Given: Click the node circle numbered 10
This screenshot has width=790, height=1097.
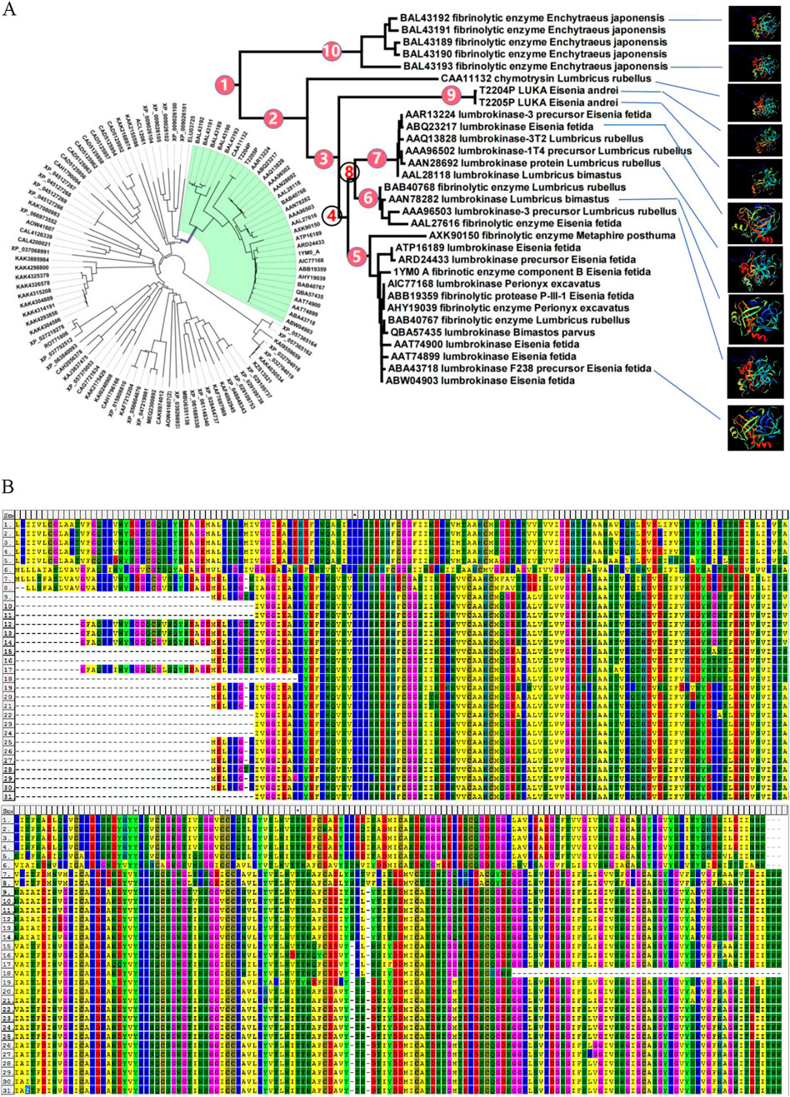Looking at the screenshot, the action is point(332,52).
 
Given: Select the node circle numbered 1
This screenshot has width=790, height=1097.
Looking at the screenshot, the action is point(223,84).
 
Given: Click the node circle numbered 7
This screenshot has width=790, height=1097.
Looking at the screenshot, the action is point(377,157).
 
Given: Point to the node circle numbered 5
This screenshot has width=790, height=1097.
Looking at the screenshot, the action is point(357,256).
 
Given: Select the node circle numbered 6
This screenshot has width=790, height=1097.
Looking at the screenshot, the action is point(367,198).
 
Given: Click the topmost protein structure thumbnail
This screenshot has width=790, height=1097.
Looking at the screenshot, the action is point(754,22).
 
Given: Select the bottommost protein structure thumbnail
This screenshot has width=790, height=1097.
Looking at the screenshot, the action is point(754,427).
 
